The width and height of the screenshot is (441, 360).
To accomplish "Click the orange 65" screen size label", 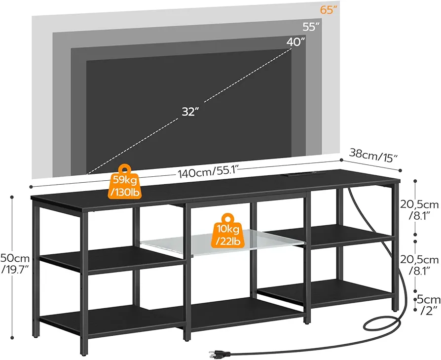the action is (329, 10).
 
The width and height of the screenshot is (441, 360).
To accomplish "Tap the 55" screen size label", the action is (311, 27).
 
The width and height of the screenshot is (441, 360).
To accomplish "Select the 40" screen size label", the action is (295, 42).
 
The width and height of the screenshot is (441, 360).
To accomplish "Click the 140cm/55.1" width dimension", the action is (208, 171).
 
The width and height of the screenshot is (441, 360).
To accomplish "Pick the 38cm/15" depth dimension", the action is (373, 155).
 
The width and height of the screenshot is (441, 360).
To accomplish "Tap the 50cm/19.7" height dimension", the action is (15, 263).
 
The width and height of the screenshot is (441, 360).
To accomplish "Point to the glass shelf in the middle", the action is (222, 242).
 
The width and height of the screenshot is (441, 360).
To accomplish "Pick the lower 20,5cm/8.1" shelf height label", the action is (419, 265).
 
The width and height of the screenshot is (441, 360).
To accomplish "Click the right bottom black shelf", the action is (326, 292).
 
